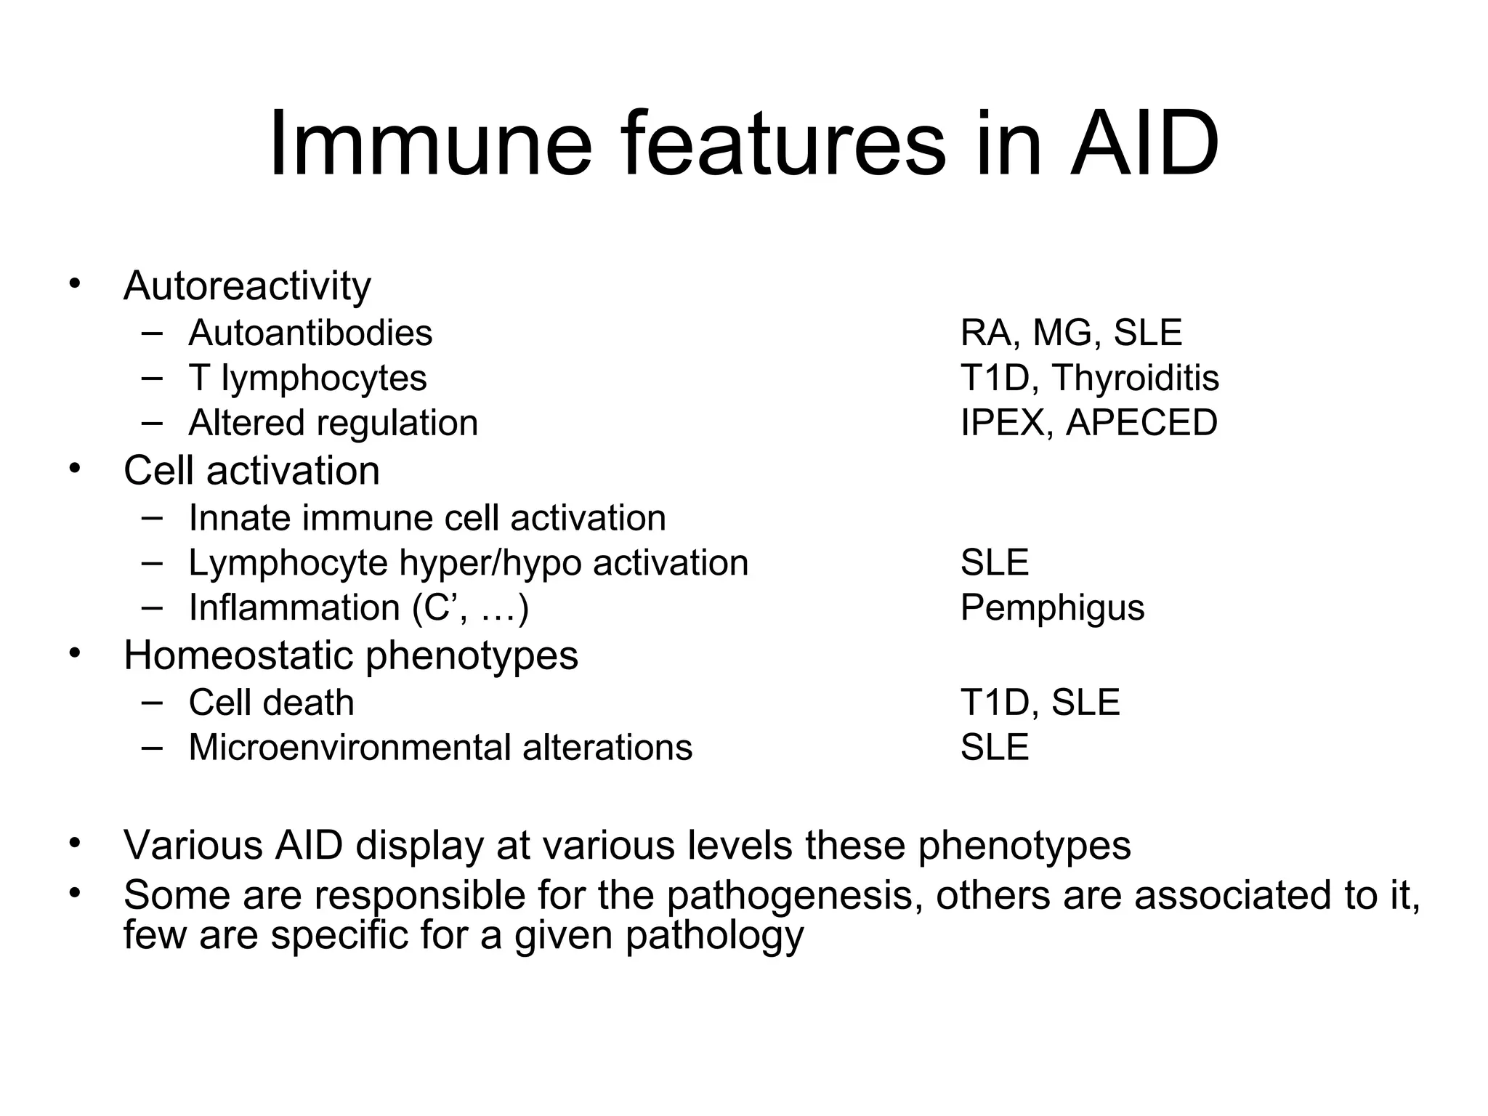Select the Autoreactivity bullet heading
click(x=247, y=286)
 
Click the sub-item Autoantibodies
click(x=310, y=333)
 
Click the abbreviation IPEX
click(x=1002, y=423)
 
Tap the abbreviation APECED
click(x=1141, y=423)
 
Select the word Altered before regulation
click(x=236, y=423)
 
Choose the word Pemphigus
click(x=1052, y=608)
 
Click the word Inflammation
click(x=294, y=608)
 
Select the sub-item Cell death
click(x=271, y=703)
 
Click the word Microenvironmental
click(x=349, y=748)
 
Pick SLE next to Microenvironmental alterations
click(x=995, y=748)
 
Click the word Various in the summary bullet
click(x=193, y=846)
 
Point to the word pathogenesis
click(x=789, y=895)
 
